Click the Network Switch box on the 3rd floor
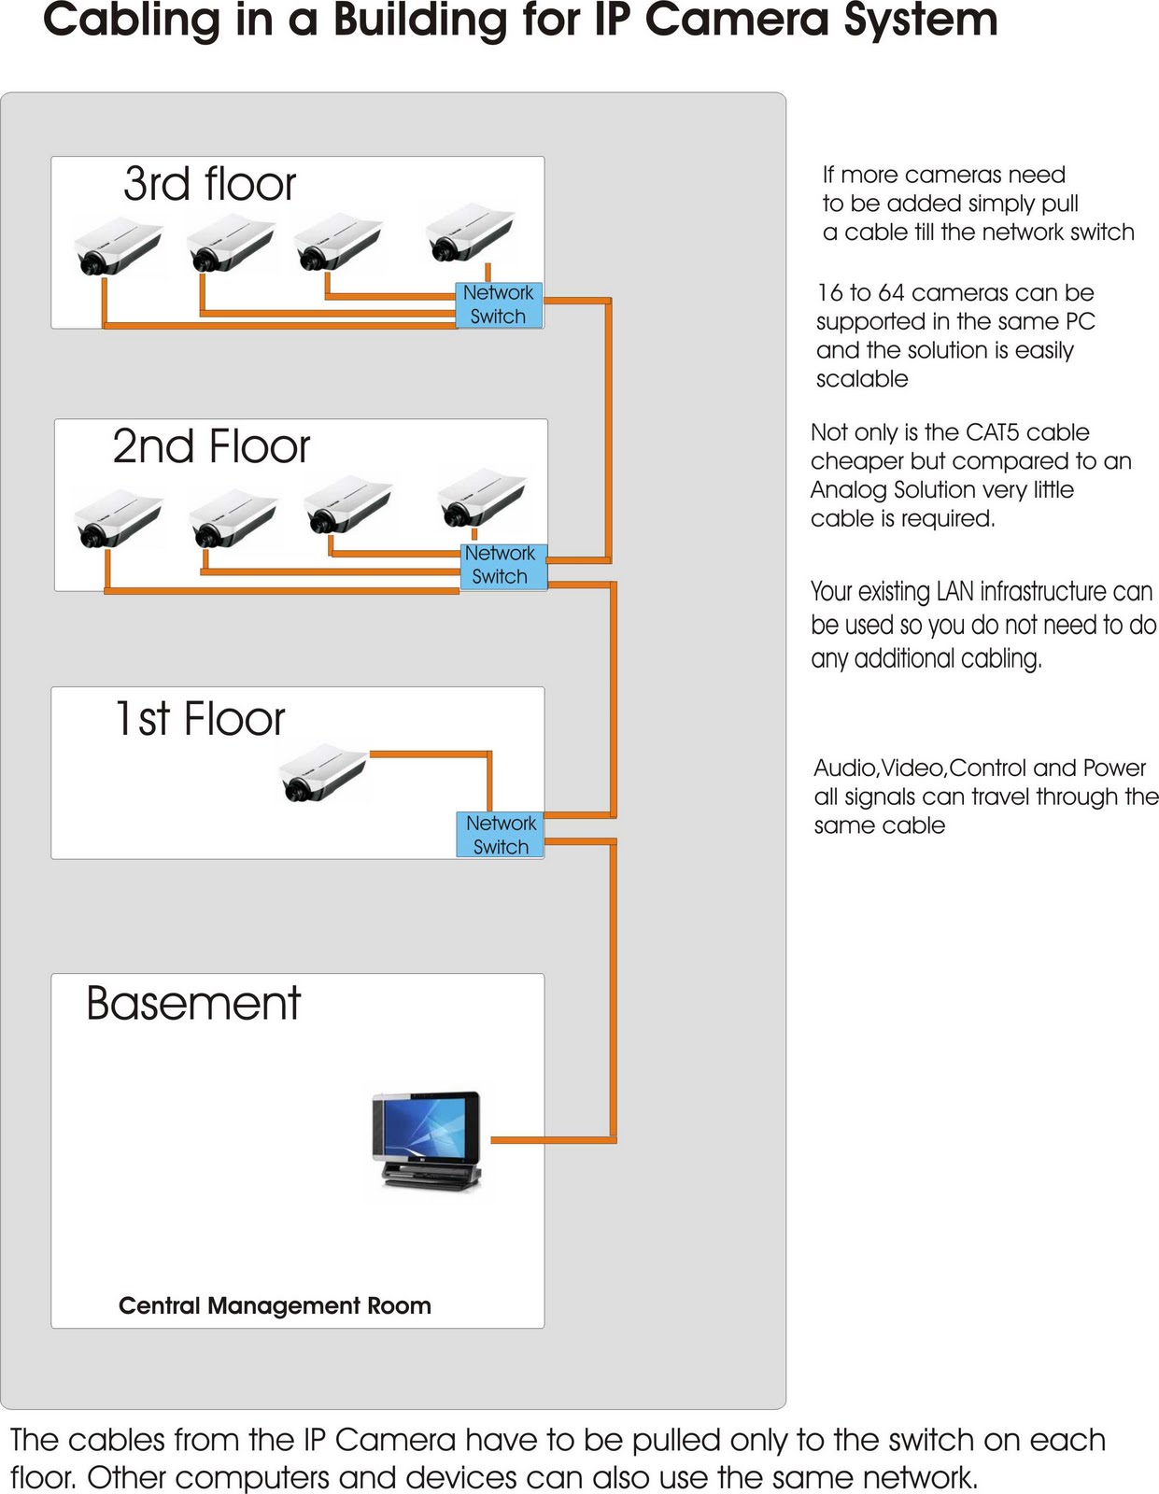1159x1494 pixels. (x=499, y=304)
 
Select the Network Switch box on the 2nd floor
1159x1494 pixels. (x=501, y=565)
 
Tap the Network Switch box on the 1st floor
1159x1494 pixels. (x=502, y=834)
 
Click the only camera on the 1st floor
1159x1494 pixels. (x=323, y=771)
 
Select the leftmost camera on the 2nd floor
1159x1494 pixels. (x=118, y=519)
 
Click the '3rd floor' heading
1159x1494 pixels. (x=209, y=183)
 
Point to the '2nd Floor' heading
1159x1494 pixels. (x=211, y=446)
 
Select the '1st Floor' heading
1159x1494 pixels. (x=200, y=718)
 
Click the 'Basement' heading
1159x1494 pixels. (x=193, y=1004)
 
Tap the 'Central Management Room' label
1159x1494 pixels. (x=275, y=1305)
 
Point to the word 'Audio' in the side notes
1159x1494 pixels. (x=844, y=768)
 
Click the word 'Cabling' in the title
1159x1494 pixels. (x=134, y=20)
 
